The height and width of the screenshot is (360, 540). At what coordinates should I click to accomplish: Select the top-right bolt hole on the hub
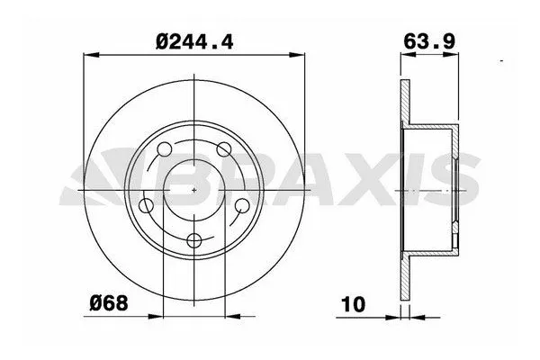click(x=224, y=149)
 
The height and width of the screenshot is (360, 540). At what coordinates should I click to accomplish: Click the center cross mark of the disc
click(x=196, y=191)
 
